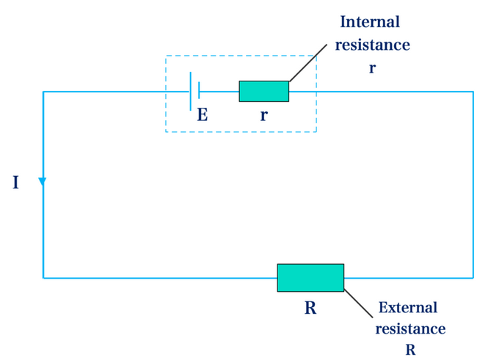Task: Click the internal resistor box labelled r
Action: tap(264, 91)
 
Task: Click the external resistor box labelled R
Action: tap(310, 277)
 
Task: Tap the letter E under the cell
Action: tap(203, 114)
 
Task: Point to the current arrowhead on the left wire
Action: tap(43, 181)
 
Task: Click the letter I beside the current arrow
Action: tap(16, 183)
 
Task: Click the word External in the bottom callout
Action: tap(408, 308)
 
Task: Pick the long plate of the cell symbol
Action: tap(191, 91)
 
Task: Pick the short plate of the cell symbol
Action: tap(200, 91)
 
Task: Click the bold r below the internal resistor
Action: tap(263, 115)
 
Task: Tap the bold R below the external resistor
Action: tap(310, 308)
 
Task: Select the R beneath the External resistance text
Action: tap(410, 350)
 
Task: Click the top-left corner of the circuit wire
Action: tap(43, 92)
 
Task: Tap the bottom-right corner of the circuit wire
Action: tap(473, 278)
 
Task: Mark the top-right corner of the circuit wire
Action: tap(473, 92)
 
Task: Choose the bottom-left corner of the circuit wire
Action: tap(43, 278)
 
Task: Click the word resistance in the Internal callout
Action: tap(372, 45)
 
